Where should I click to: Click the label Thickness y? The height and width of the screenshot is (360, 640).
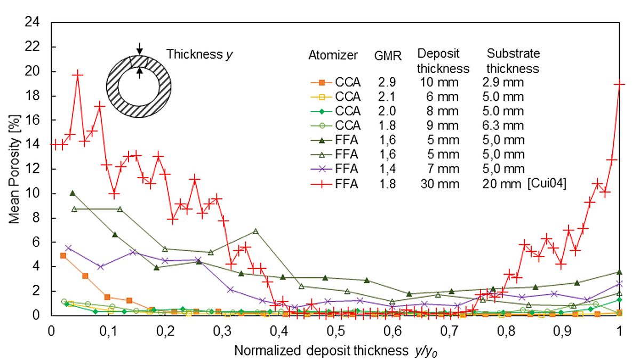point(200,54)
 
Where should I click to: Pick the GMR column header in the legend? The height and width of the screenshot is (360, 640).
point(387,55)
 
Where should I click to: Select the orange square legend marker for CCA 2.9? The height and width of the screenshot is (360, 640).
point(322,83)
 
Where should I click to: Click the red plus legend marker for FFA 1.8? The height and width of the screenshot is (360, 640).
point(322,184)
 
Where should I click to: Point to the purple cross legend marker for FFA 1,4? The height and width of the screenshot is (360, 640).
point(322,170)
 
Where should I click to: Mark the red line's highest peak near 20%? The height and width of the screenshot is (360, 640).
point(78,75)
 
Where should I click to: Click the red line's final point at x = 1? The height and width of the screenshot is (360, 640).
point(620,84)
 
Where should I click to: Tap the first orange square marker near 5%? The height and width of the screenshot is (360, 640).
point(63,255)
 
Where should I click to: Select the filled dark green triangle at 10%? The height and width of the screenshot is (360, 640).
point(73,193)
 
